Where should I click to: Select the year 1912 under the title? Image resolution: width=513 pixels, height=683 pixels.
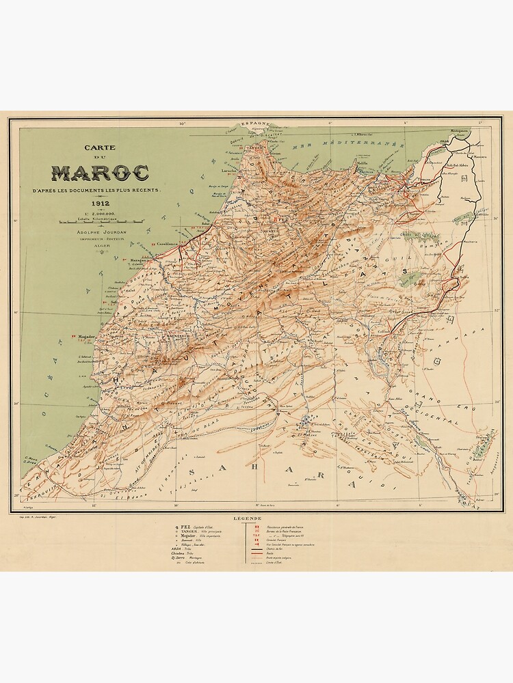point(100,202)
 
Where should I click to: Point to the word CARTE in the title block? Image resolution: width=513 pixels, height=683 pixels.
point(100,147)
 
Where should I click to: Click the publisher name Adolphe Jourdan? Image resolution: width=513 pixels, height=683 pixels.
point(100,233)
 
